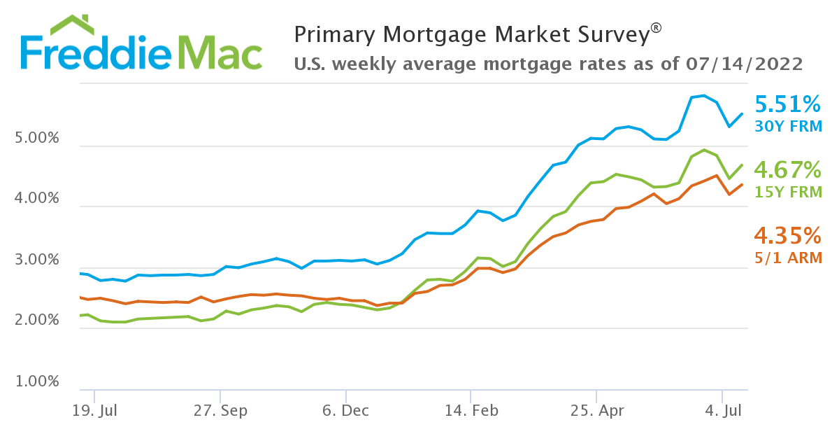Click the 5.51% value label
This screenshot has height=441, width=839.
coord(787,105)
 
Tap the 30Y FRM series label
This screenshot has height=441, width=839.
coord(787,127)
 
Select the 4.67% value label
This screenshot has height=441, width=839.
coord(787,169)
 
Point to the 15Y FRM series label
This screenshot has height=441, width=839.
coord(787,191)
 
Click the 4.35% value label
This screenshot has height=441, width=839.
coord(787,234)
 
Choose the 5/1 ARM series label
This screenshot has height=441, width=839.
coord(787,258)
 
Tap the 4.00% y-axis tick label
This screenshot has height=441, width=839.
coord(37,199)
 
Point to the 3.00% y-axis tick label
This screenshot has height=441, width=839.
coord(37,260)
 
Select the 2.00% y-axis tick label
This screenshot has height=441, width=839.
coord(37,321)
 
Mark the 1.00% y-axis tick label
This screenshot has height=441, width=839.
coord(37,381)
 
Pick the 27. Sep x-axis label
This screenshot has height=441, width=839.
coord(220,410)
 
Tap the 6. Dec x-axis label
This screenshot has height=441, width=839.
coord(345,410)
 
